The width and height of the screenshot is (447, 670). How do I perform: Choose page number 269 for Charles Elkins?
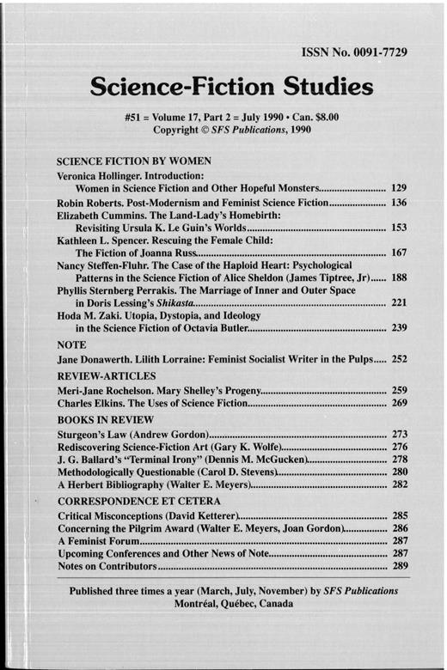(x=399, y=405)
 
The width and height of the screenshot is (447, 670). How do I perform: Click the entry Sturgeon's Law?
(x=94, y=435)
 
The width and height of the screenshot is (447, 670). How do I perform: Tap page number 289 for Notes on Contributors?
(x=399, y=568)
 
